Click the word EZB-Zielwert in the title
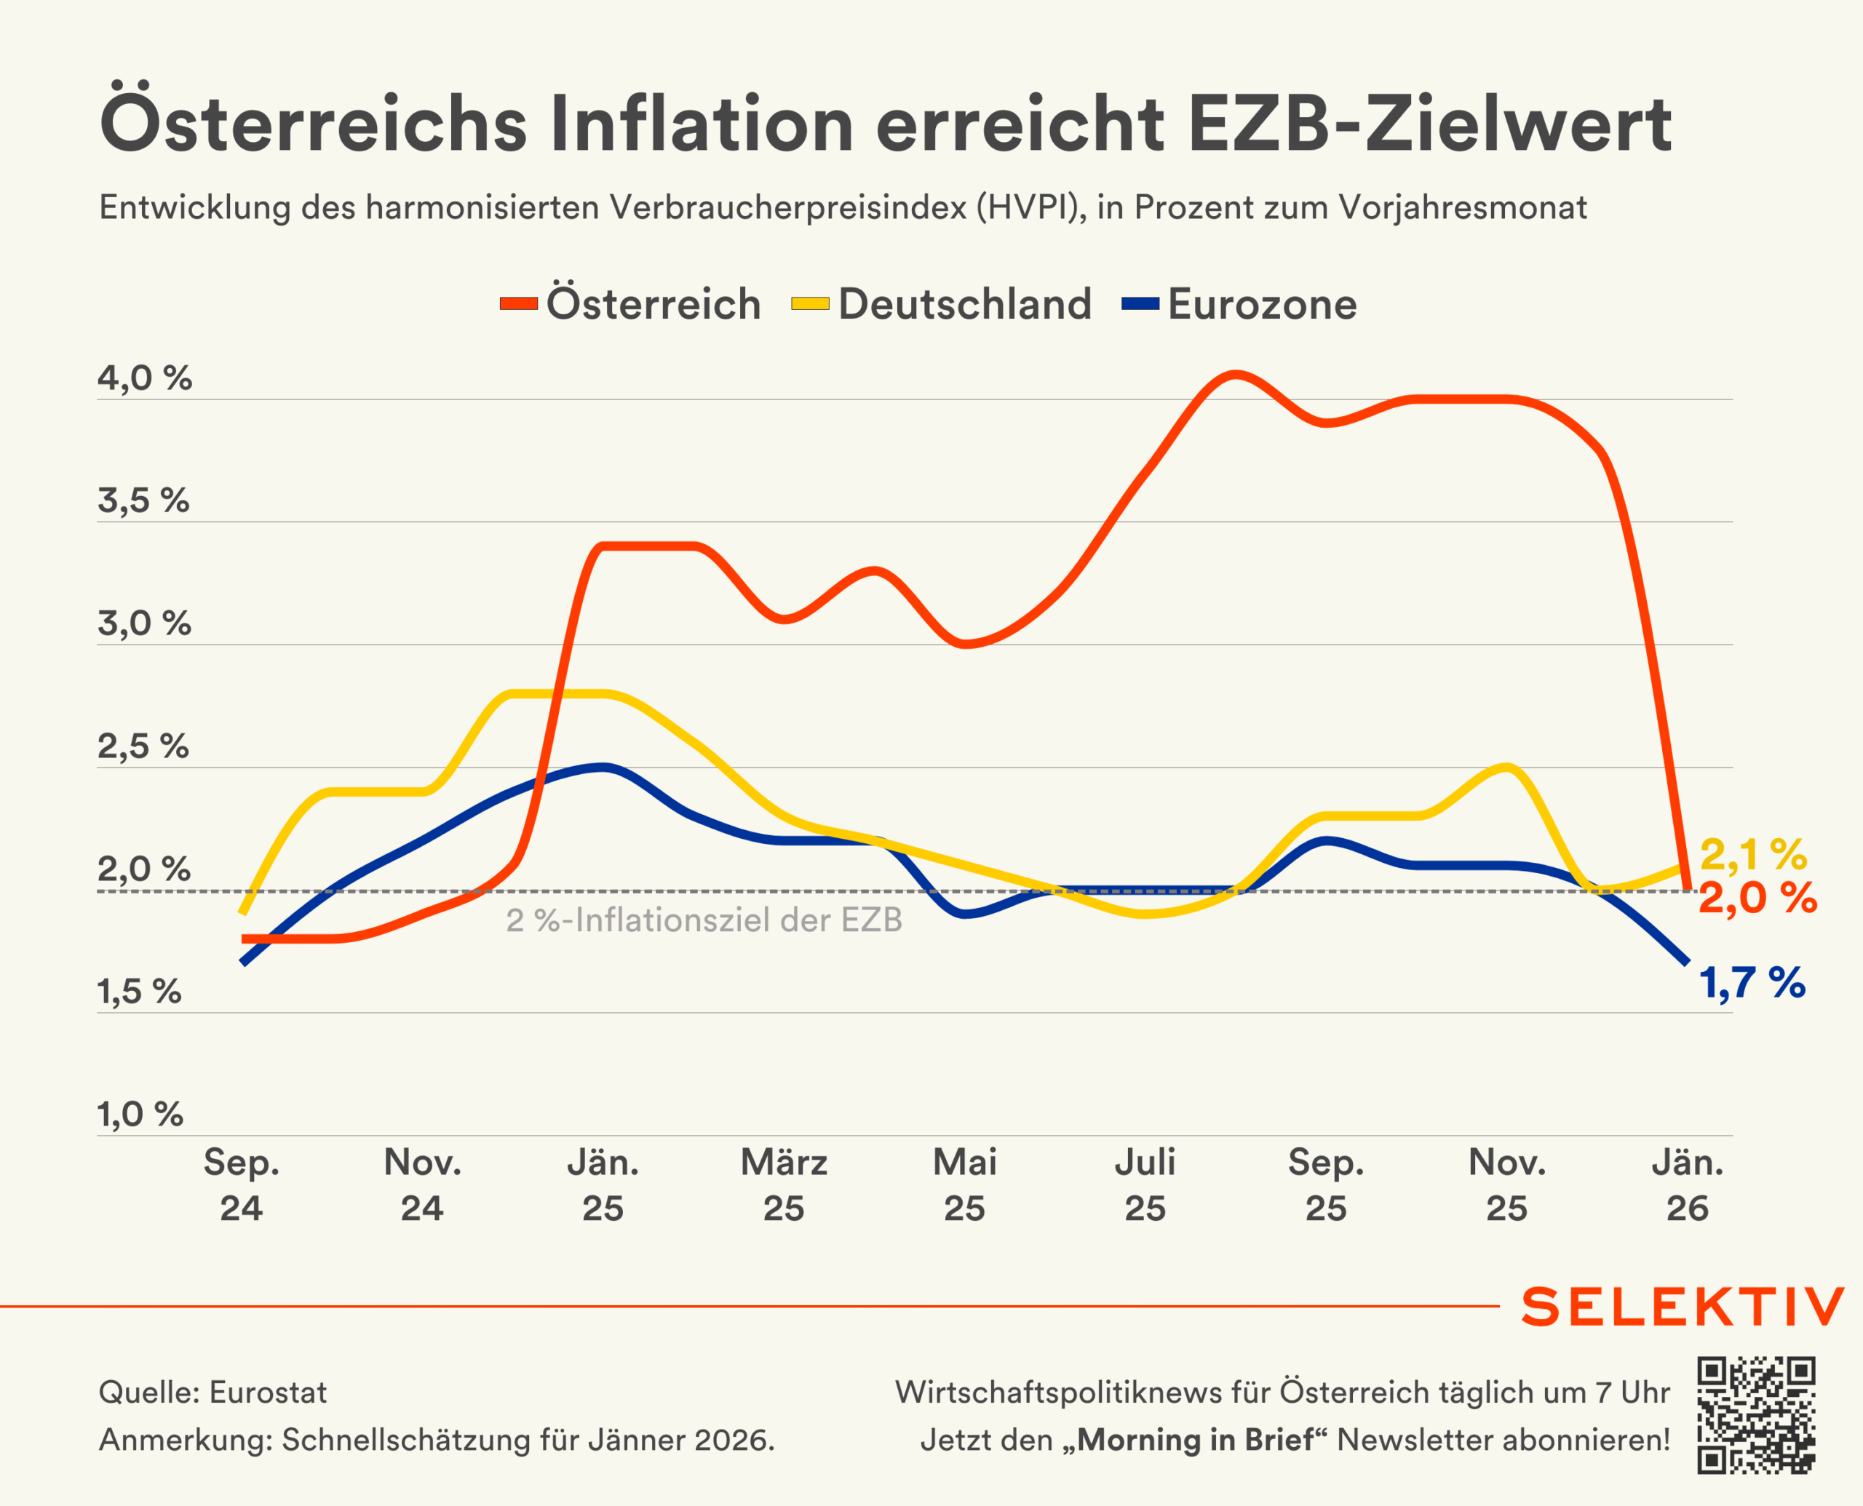1429,124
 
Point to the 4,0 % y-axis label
144,378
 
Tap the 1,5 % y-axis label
139,991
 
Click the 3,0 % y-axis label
144,623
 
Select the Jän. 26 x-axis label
1687,1184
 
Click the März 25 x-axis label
784,1184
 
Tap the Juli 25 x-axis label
1145,1184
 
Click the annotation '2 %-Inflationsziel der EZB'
704,920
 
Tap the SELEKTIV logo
1682,1307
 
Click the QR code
1756,1416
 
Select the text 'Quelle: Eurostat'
212,1393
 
